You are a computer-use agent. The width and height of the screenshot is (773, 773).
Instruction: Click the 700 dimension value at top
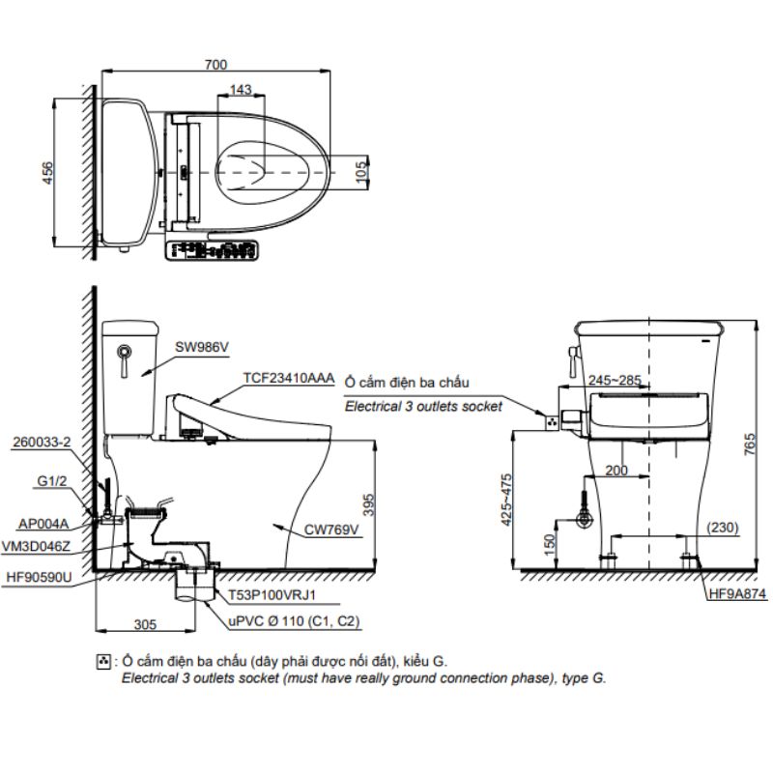[215, 65]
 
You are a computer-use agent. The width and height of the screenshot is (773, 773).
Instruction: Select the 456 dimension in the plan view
[47, 173]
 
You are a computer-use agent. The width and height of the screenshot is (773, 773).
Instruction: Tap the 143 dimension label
[241, 90]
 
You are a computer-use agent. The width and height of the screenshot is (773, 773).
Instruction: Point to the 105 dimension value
[361, 172]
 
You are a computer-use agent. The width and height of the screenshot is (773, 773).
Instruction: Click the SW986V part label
[202, 347]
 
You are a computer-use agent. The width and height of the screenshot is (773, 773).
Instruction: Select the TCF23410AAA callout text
[289, 378]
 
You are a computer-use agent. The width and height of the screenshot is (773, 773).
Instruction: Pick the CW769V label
[331, 530]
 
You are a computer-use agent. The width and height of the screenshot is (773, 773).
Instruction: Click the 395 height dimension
[368, 504]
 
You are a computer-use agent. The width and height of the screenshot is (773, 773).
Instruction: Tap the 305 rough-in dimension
[145, 624]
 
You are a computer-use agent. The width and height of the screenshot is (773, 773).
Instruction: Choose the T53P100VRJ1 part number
[272, 595]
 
